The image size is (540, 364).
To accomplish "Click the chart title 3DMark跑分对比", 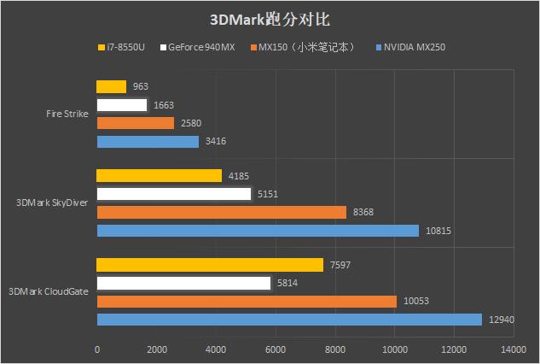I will (270, 19).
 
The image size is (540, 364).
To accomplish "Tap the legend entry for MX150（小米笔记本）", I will (307, 47).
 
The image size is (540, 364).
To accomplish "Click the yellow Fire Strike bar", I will (111, 86).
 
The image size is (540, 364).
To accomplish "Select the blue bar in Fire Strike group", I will (148, 142).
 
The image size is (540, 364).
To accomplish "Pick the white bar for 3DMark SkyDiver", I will (173, 194).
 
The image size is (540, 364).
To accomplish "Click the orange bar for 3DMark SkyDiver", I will (221, 212).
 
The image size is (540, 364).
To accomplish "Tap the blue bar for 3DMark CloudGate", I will (289, 320).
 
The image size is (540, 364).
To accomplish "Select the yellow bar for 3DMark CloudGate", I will (210, 265).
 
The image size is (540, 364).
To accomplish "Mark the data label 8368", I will (363, 212).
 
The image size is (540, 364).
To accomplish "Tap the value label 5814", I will (287, 283).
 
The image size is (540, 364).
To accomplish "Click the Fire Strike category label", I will (66, 114).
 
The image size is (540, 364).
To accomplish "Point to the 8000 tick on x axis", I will (334, 349).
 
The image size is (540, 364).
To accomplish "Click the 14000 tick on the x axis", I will (514, 349).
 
